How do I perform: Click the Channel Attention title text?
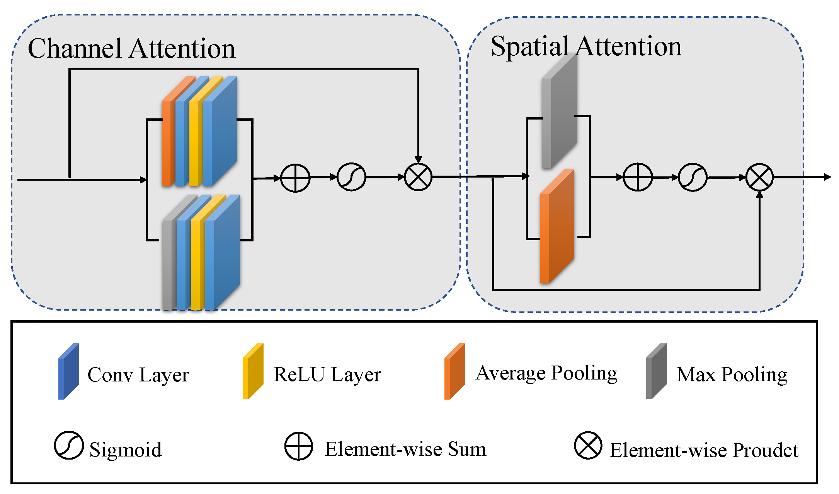(x=131, y=49)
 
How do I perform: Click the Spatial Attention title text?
(x=586, y=46)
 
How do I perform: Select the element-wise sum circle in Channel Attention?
(x=295, y=178)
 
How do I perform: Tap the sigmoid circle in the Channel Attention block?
(x=351, y=177)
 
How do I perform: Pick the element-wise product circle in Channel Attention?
(x=418, y=177)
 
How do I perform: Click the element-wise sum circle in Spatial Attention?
(x=638, y=177)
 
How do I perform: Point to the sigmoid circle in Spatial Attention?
(x=693, y=177)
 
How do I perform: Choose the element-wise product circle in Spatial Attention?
(x=759, y=177)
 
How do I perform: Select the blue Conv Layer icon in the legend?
(x=69, y=371)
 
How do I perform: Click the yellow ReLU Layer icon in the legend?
(x=253, y=371)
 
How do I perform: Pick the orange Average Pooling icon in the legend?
(x=455, y=371)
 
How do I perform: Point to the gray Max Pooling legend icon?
(x=657, y=371)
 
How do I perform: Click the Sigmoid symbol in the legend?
(x=69, y=445)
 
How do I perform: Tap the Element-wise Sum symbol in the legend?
(x=299, y=446)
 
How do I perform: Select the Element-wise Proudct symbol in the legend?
(x=588, y=445)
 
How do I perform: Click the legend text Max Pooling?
(x=732, y=374)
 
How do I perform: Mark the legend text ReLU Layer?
(x=327, y=374)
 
